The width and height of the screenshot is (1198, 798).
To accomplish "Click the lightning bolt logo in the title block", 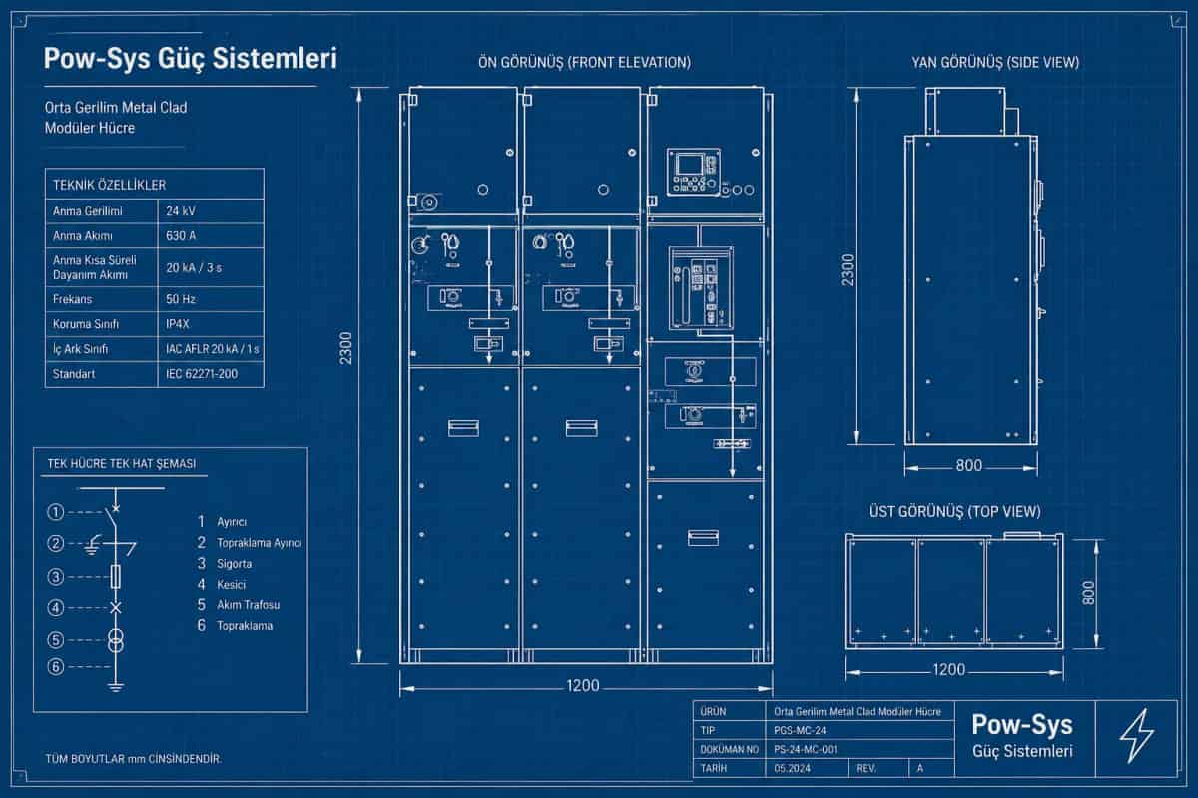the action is point(1136,736).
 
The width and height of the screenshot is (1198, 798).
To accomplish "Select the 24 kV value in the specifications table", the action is point(181,211).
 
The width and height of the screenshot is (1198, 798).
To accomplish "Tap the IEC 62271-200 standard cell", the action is point(202,374).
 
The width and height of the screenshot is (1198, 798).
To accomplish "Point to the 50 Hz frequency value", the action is point(181,299).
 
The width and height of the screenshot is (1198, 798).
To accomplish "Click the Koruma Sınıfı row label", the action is point(86,324).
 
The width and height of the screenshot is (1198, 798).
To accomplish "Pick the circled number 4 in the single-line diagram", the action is point(56,608).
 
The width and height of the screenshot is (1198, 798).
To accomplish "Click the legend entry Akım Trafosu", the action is point(249,605).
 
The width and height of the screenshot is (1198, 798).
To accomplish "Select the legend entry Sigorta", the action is point(235,564).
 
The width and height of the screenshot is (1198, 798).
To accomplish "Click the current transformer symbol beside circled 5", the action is point(116,640).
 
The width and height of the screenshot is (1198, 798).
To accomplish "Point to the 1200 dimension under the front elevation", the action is point(583,685).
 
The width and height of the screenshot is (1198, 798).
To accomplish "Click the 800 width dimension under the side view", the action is point(969,465).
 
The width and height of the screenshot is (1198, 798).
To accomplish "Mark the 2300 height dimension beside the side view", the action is point(848,270).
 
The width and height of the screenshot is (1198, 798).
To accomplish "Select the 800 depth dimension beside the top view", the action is point(1088,593).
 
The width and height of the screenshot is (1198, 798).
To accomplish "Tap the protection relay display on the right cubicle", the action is point(690,163).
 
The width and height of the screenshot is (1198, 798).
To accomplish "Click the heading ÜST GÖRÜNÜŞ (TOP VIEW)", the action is point(954,512).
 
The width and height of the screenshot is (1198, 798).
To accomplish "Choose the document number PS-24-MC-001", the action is point(806,749).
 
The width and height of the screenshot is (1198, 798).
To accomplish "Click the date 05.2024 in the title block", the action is point(792,769).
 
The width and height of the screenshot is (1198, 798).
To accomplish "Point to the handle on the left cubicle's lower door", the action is point(463,428).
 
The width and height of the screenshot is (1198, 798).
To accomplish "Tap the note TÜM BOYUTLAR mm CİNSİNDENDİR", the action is point(133,759).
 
